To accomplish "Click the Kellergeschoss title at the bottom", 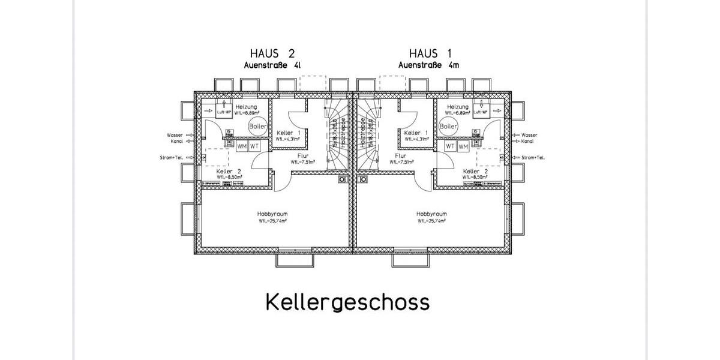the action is (347, 302).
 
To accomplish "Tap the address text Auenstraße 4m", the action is (428, 65).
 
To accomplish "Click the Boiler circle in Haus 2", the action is (258, 126).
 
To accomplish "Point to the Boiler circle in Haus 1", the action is (448, 126).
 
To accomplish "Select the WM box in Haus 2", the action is (242, 146).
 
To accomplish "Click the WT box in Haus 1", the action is (450, 146).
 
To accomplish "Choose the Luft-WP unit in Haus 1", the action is (480, 112).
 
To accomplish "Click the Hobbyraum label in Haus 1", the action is (431, 214).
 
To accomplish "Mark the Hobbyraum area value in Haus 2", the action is (272, 221).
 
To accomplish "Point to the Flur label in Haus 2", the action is (302, 155).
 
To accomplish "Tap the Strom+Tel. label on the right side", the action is (533, 158).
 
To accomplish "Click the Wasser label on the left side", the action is (175, 135).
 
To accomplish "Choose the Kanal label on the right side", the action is (528, 142).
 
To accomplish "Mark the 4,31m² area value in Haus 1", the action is (416, 139).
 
